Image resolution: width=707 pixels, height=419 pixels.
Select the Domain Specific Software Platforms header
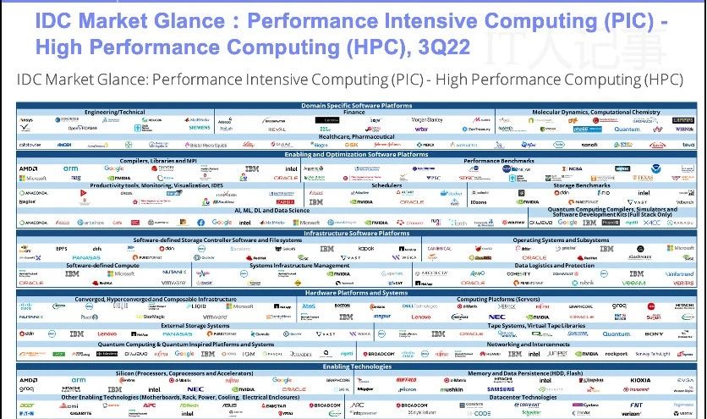(x=356, y=105)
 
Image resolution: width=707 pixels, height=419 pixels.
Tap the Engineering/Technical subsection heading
(x=120, y=112)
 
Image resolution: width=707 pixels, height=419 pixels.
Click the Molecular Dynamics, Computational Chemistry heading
(x=595, y=112)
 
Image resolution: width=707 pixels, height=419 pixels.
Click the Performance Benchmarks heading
(x=498, y=161)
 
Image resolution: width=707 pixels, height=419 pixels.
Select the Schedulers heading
(x=386, y=185)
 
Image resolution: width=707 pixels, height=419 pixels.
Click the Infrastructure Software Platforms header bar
(x=356, y=233)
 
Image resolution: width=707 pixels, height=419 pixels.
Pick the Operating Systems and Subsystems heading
(x=560, y=240)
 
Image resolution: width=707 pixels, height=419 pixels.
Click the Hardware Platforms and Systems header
(x=356, y=291)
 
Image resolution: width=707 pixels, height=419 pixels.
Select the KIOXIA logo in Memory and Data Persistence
(x=640, y=380)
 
